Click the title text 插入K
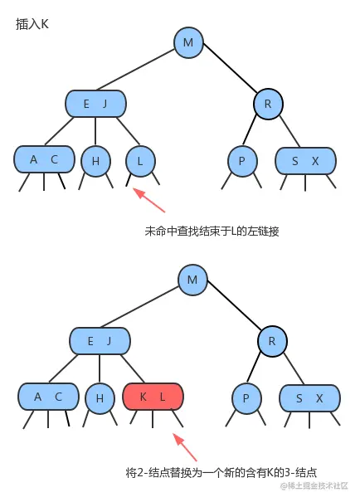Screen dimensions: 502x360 pos(32,24)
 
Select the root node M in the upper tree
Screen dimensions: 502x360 pos(189,42)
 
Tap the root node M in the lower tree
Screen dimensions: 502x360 pos(192,280)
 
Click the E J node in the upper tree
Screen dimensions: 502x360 pos(95,104)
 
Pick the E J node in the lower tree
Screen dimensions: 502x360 pos(100,341)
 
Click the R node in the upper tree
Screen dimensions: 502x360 pos(268,104)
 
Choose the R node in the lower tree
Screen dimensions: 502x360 pos(271,341)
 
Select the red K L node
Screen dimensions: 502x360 pos(153,397)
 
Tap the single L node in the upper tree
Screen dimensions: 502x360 pos(140,161)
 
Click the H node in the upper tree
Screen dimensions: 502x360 pos(95,161)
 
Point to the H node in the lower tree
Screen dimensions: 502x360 pos(100,398)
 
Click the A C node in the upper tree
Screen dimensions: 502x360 pos(43,160)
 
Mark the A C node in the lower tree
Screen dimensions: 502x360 pos(47,397)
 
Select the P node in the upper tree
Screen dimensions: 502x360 pos(242,161)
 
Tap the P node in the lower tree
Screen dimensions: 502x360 pos(246,398)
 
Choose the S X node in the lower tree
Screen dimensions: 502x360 pos(309,398)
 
